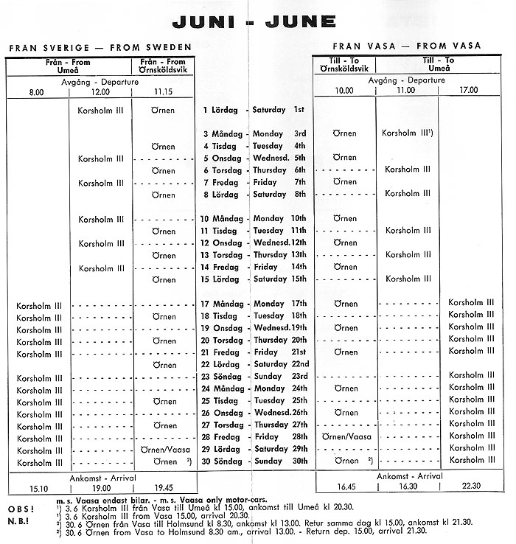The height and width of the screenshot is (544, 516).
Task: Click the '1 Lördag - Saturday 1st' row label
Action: click(254, 110)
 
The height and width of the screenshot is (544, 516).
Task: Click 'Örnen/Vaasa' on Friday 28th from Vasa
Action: click(344, 436)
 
